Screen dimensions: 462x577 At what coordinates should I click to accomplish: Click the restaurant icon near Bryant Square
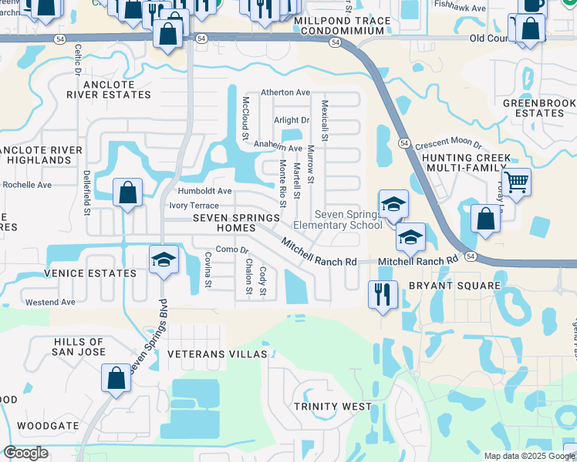pos(383,293)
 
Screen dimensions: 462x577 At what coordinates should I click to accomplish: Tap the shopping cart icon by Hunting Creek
pos(516,182)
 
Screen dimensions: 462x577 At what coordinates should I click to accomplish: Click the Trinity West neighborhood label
pos(332,406)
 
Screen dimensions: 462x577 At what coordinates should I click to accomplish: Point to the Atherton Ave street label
pos(285,92)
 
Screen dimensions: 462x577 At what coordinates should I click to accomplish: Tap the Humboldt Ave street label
pos(204,191)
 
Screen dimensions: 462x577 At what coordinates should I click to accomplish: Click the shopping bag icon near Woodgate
pos(116,378)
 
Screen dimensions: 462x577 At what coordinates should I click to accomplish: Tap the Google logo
pos(25,453)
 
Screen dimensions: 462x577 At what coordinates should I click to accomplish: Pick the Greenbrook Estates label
pos(538,108)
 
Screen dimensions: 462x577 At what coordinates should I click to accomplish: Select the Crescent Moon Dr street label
pos(447,145)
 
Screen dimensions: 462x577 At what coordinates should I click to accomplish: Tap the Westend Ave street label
pos(50,303)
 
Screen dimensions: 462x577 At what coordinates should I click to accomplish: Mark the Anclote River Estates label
pos(108,89)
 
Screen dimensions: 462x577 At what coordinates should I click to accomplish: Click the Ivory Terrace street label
pos(194,206)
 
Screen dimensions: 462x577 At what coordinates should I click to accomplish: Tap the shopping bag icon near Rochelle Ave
pos(128,192)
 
